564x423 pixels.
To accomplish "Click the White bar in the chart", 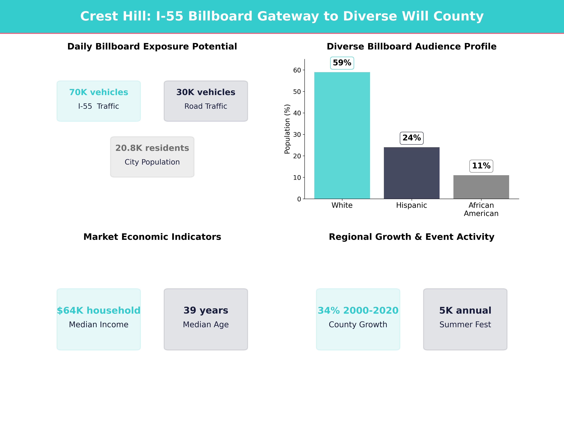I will click(342, 135).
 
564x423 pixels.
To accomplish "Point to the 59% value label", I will click(342, 63).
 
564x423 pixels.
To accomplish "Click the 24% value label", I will click(411, 138).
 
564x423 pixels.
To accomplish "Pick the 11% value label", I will click(481, 166).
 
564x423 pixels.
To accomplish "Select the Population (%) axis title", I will click(287, 129).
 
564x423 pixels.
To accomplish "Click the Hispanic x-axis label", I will click(411, 205).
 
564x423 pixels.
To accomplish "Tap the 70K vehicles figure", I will click(99, 92).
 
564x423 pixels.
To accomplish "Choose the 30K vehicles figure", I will click(206, 92).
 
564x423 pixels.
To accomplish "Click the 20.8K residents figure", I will click(152, 148).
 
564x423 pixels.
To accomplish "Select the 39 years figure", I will click(206, 310).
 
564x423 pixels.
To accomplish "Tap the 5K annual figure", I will click(465, 310).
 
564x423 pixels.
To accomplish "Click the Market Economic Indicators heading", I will click(152, 237).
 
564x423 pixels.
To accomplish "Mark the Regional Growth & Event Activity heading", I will click(411, 237).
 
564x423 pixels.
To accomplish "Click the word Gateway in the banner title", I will click(288, 16).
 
